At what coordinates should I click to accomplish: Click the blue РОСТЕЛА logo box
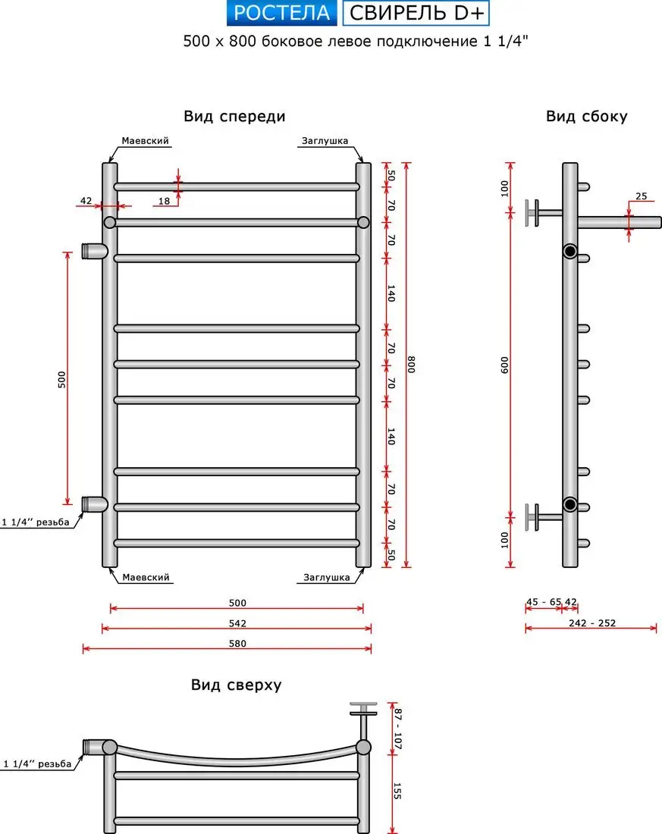281,13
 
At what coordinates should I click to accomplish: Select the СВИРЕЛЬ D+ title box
416,13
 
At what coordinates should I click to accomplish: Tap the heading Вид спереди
234,116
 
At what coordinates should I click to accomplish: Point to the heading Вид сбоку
586,116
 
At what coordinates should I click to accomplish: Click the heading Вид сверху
236,685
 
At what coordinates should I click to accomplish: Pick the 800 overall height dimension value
412,364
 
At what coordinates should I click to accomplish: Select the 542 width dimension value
237,623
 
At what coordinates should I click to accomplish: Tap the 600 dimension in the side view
506,364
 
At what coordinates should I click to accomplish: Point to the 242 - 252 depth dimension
591,623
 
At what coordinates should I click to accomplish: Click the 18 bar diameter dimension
164,201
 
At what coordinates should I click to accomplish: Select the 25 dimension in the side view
641,196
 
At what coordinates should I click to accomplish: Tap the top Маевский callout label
145,141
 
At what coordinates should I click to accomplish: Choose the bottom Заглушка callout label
327,578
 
